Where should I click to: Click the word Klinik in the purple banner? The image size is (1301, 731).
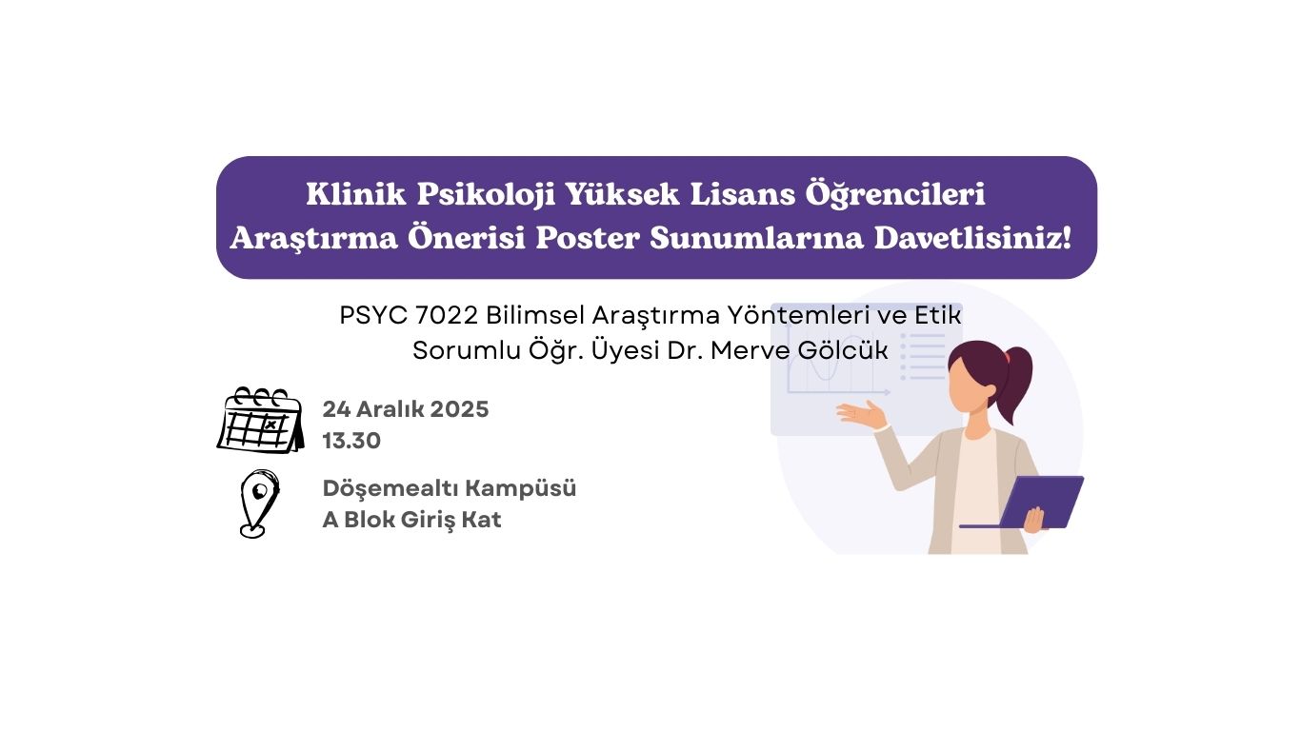(x=355, y=194)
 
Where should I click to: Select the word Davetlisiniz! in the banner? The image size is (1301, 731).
(x=972, y=238)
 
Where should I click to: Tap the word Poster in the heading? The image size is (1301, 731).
(x=588, y=238)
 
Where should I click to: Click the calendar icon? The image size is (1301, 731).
(x=261, y=420)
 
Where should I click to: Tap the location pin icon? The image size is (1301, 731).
(x=259, y=504)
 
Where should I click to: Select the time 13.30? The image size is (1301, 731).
(x=352, y=441)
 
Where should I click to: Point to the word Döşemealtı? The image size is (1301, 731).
(x=390, y=489)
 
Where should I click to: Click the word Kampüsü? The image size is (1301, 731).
(x=521, y=489)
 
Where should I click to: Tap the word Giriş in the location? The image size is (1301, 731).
(x=428, y=521)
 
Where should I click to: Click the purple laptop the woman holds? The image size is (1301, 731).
(x=1022, y=503)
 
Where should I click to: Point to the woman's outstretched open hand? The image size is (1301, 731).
(x=861, y=414)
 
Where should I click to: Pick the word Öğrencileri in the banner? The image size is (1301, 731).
(x=894, y=194)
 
